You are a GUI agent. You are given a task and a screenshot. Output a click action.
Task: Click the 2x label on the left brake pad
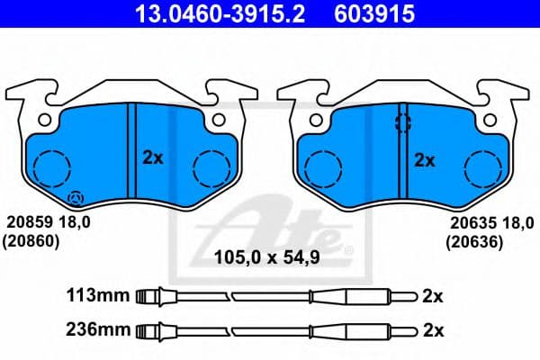click(x=153, y=157)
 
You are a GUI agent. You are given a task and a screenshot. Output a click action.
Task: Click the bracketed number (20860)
click(x=32, y=240)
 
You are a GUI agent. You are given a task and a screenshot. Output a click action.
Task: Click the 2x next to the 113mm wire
click(x=433, y=294)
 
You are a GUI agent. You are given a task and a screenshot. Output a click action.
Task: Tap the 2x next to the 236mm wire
click(x=433, y=329)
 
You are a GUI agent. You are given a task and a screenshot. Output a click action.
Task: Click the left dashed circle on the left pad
click(x=50, y=167)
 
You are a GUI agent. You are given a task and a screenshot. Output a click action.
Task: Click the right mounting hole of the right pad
click(x=490, y=119)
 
